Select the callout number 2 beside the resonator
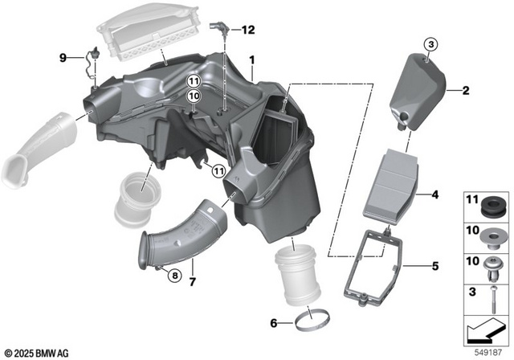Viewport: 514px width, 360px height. pyautogui.click(x=464, y=91)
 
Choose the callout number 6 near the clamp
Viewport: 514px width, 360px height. pyautogui.click(x=274, y=323)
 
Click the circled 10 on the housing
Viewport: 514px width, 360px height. pyautogui.click(x=193, y=96)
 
